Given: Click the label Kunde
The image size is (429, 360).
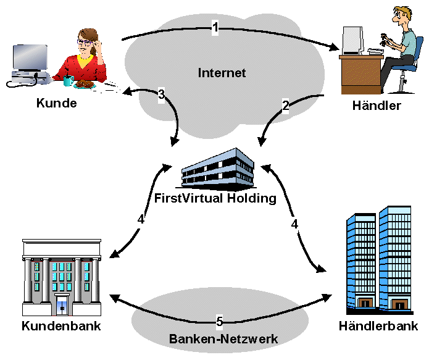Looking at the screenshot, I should pyautogui.click(x=56, y=103).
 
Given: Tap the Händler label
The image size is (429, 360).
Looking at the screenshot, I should pyautogui.click(x=377, y=105).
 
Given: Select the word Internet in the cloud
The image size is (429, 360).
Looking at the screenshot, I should pyautogui.click(x=222, y=73).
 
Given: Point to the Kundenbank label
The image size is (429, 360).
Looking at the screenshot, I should pyautogui.click(x=61, y=325).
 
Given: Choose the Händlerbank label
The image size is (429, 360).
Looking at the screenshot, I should pyautogui.click(x=379, y=326).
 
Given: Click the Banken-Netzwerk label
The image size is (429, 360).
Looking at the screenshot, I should pyautogui.click(x=223, y=338).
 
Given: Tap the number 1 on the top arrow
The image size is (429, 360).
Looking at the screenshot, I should pyautogui.click(x=215, y=27).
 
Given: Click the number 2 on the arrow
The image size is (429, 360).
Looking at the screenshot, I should pyautogui.click(x=285, y=106).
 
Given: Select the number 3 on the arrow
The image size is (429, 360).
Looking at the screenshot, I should pyautogui.click(x=161, y=94).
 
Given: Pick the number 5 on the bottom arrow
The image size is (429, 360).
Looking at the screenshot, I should pyautogui.click(x=219, y=321).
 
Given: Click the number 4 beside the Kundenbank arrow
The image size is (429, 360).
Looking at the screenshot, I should pyautogui.click(x=141, y=219).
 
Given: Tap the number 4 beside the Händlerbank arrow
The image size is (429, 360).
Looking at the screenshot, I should pyautogui.click(x=294, y=224).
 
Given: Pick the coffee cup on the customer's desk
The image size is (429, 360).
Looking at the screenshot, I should pyautogui.click(x=69, y=80).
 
